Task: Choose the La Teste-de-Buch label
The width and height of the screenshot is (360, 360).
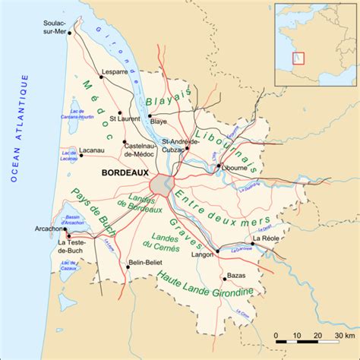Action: (x=72, y=247)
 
